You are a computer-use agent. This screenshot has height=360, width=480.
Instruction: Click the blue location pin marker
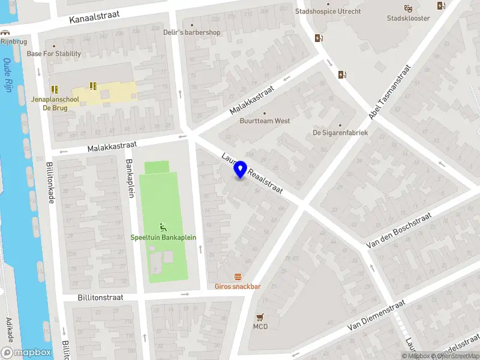pos(241,169)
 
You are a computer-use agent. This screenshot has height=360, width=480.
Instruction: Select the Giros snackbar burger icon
pos(238,277)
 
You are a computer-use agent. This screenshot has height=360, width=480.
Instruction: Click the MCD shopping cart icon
pos(260,317)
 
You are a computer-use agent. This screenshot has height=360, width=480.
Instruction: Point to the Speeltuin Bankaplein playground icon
pos(163,227)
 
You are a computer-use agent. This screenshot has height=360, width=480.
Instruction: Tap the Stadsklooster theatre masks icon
pos(408,8)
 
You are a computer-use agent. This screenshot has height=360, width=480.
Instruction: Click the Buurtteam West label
pos(265,121)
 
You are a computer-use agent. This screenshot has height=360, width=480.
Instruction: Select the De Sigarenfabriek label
pos(340,133)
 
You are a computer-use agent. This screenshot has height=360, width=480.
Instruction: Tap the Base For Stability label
pos(54,53)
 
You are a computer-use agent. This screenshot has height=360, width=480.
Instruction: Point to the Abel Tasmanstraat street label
pos(389,91)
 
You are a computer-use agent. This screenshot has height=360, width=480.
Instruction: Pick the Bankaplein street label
pos(128,178)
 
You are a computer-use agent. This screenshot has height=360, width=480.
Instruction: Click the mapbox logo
pos(26,353)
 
